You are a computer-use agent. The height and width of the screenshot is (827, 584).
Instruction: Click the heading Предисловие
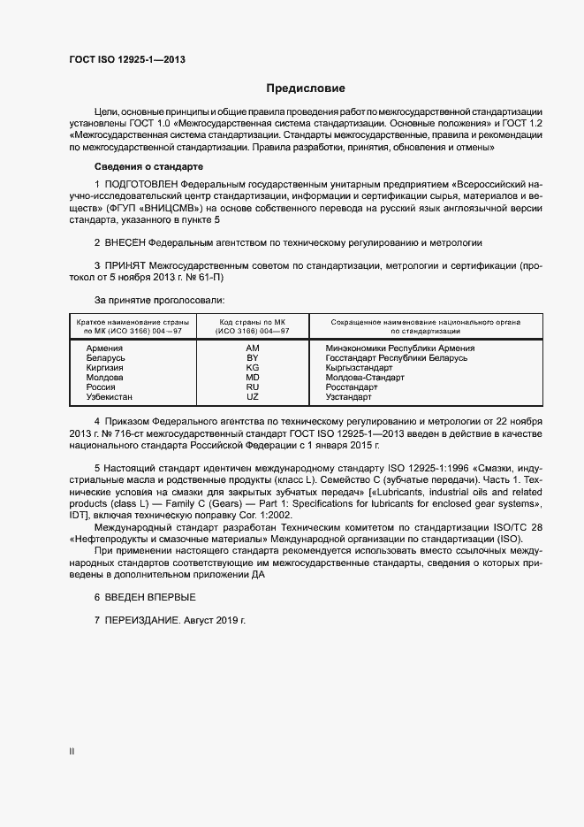click(306, 88)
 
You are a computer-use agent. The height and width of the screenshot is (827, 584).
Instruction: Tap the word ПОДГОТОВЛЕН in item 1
click(139, 182)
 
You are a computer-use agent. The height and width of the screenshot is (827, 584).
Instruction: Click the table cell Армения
click(104, 348)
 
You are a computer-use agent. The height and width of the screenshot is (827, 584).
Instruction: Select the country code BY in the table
click(252, 358)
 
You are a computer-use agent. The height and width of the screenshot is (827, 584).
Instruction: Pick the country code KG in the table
click(252, 368)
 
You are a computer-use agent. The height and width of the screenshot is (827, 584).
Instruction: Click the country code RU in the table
click(252, 387)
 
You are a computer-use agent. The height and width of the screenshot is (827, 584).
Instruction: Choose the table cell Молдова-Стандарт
click(365, 378)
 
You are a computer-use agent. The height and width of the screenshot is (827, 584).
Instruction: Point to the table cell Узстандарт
click(349, 397)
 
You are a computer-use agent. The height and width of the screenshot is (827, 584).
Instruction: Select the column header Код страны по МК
click(252, 326)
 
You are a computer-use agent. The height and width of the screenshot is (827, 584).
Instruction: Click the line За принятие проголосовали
click(159, 301)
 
